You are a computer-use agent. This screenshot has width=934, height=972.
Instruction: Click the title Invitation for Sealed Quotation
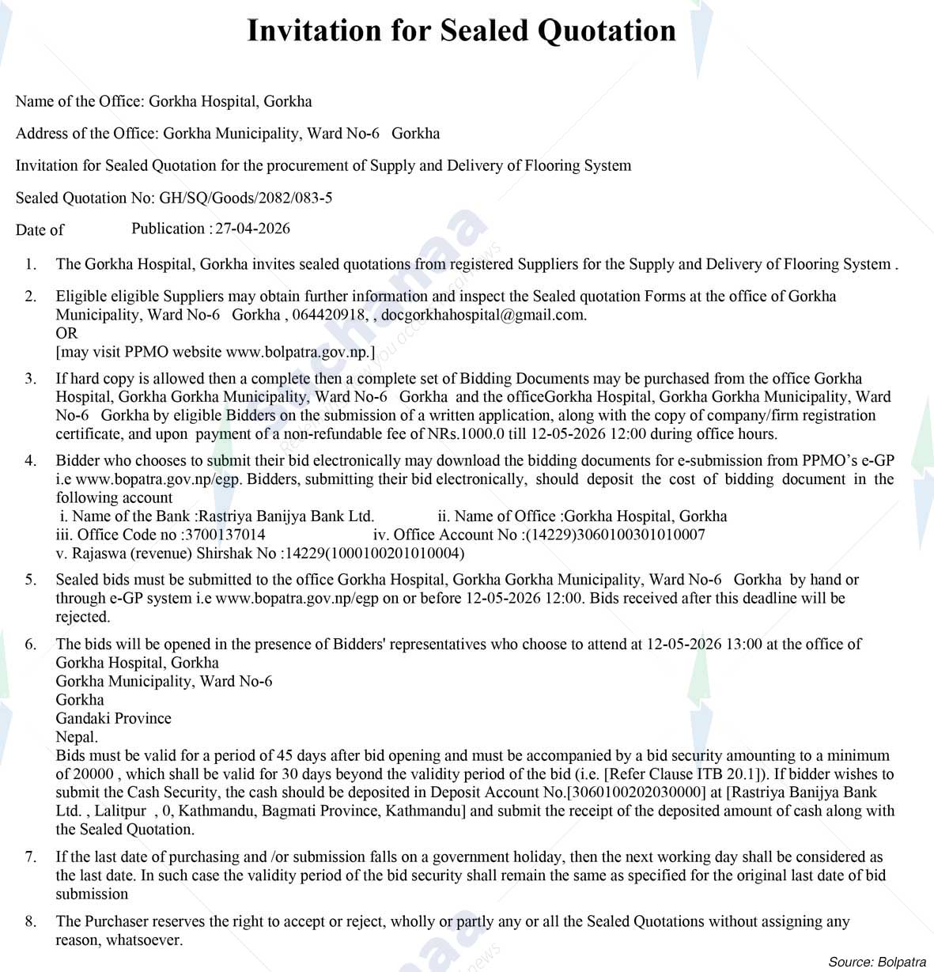click(461, 31)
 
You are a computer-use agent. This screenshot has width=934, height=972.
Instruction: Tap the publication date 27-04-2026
click(252, 229)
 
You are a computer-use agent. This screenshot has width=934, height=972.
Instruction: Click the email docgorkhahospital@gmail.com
click(483, 315)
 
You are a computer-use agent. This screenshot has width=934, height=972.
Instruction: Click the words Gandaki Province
click(113, 718)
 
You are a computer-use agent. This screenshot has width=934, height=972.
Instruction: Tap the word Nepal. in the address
click(77, 737)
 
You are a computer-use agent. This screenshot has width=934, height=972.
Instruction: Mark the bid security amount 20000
click(93, 774)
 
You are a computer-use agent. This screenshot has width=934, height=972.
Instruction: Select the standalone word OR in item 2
click(66, 333)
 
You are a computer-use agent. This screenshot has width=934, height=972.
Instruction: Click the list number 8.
click(30, 921)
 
